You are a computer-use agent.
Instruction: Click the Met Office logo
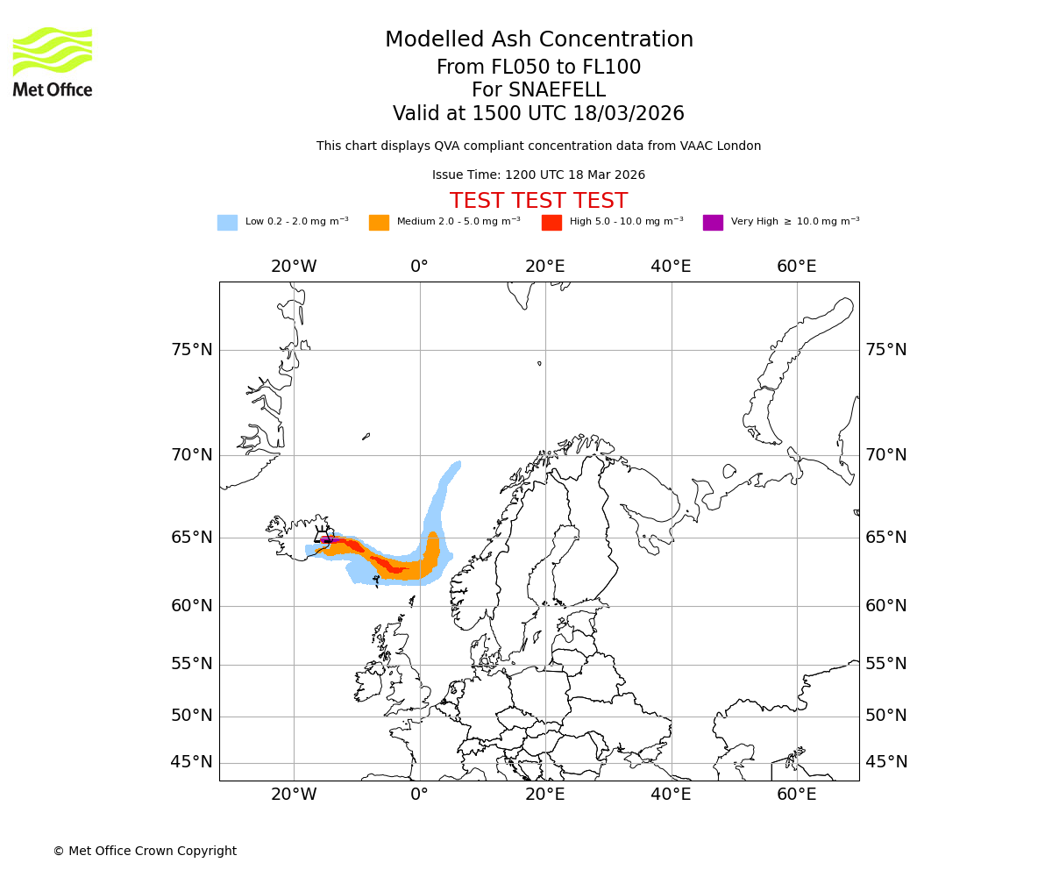[53, 61]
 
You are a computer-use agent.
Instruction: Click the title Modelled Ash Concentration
[538, 40]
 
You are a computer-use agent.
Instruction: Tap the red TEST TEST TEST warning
[538, 201]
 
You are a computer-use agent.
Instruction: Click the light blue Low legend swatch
[227, 223]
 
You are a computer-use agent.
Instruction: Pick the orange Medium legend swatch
[379, 223]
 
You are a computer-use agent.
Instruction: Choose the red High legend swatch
[551, 223]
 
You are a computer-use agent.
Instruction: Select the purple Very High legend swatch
[713, 223]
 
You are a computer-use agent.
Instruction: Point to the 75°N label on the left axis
[191, 350]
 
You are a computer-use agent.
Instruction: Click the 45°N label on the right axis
[886, 762]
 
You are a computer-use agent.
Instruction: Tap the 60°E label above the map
[796, 267]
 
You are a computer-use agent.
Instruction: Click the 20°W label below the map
[294, 795]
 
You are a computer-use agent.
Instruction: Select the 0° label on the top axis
[419, 267]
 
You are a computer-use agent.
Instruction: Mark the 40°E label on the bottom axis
[671, 795]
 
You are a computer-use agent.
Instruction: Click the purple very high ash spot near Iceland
[327, 540]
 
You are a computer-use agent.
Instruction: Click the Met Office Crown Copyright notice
[145, 851]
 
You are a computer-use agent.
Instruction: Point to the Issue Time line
[538, 175]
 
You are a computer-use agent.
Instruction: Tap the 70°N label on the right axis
[886, 455]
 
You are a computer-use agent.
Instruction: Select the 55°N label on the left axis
[191, 664]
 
